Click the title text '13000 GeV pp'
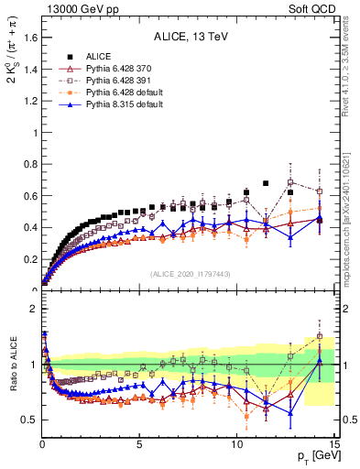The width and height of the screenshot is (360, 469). click(x=70, y=7)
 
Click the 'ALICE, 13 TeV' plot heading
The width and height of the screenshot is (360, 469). click(x=190, y=38)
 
